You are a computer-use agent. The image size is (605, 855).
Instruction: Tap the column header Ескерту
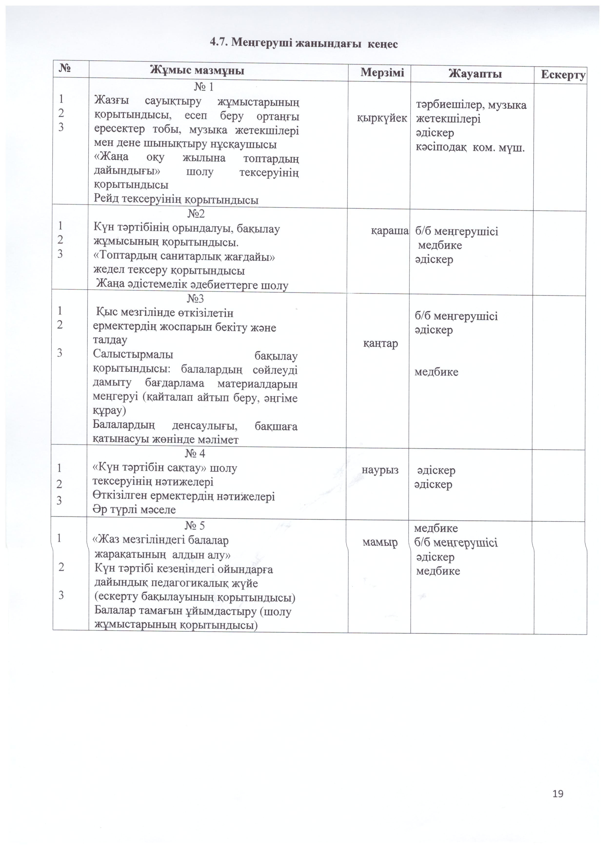click(x=563, y=75)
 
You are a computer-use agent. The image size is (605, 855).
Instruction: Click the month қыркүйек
click(x=382, y=118)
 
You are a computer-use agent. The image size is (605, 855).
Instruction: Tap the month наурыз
click(x=380, y=470)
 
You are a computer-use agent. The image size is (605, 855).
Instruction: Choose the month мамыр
click(x=380, y=542)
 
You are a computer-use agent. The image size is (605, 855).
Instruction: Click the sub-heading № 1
click(x=204, y=87)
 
